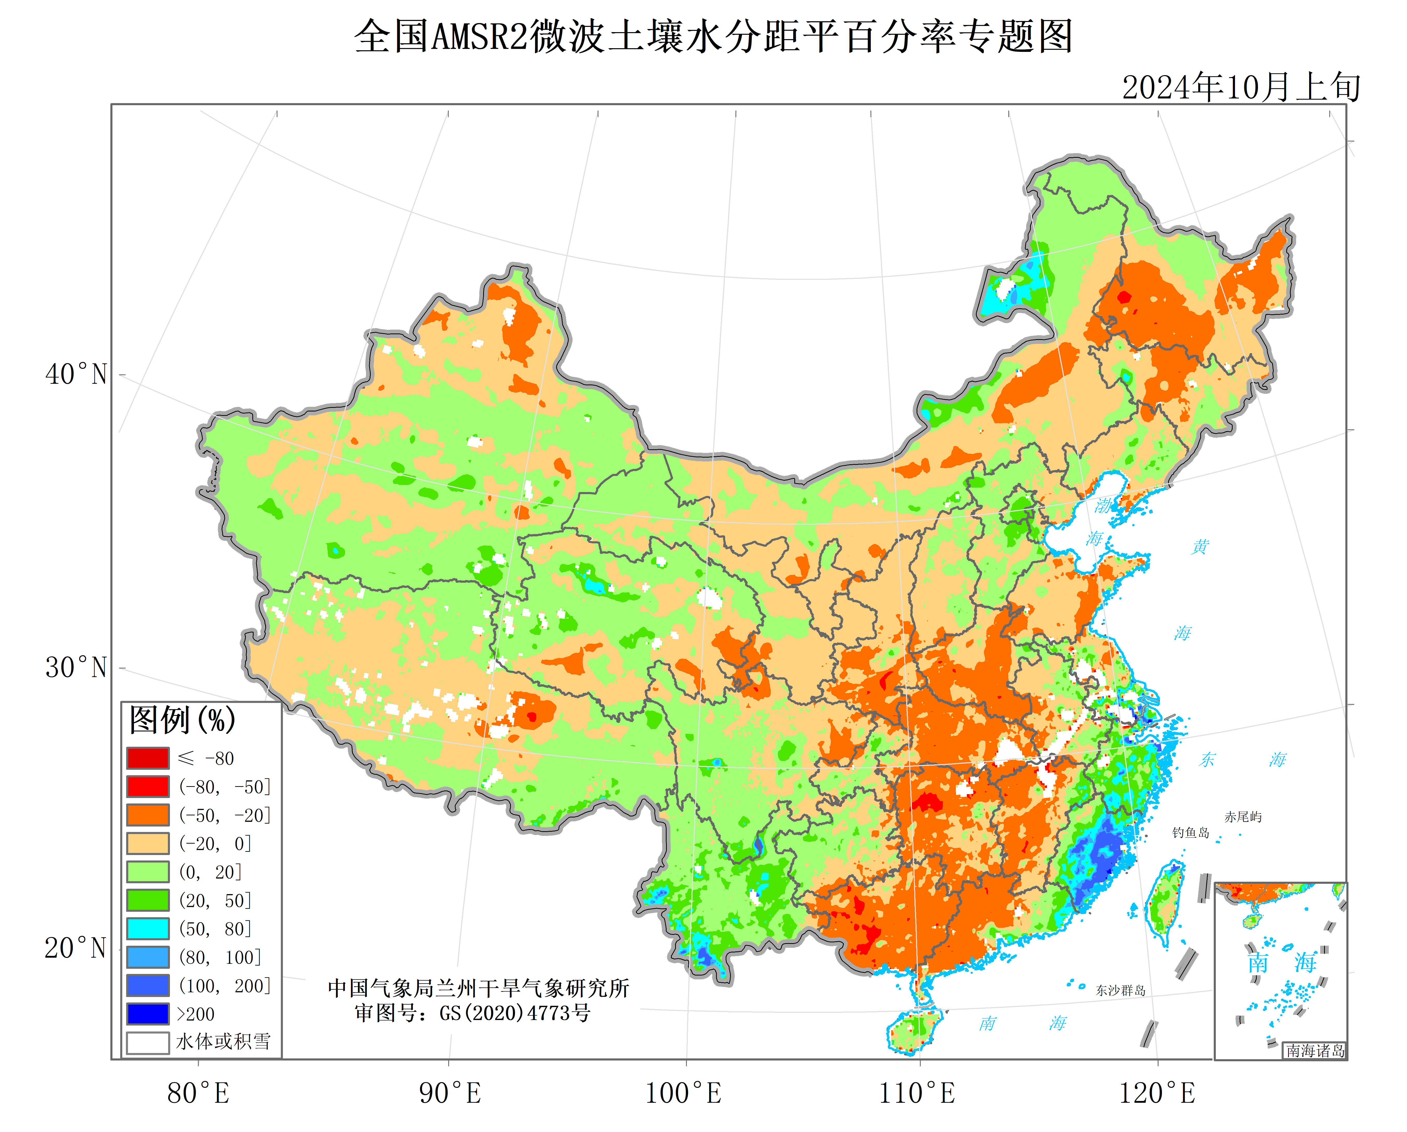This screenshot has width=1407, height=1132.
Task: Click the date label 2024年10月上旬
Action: pyautogui.click(x=1241, y=88)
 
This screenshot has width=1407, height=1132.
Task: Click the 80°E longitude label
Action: pyautogui.click(x=198, y=1093)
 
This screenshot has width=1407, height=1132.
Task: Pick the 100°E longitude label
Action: pyautogui.click(x=683, y=1093)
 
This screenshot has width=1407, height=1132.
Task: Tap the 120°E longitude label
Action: pyautogui.click(x=1157, y=1093)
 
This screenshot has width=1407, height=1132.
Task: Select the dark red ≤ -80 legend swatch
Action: pyautogui.click(x=148, y=758)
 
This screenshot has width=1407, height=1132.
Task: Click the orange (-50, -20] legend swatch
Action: pyautogui.click(x=148, y=815)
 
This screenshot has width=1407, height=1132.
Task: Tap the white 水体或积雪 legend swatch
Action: pyautogui.click(x=148, y=1042)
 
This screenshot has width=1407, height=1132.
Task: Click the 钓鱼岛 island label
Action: pyautogui.click(x=1190, y=832)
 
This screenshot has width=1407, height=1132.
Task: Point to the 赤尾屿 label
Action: pyautogui.click(x=1242, y=817)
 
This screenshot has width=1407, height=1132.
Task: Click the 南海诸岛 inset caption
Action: pyautogui.click(x=1315, y=1050)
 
